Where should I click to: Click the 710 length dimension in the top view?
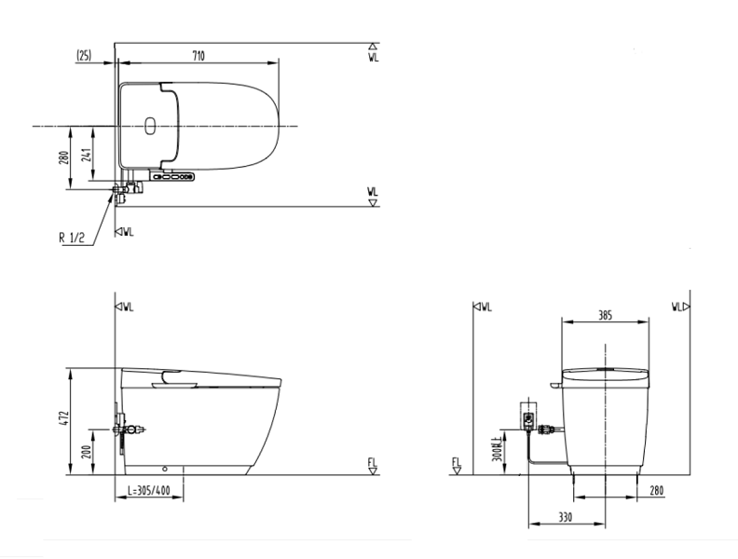198,56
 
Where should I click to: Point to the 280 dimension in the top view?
64,157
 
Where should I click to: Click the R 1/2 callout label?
72,236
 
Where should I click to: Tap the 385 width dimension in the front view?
604,316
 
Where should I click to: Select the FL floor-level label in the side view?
372,463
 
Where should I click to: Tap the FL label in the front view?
456,463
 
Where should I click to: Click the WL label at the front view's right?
678,306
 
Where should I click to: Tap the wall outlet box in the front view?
528,419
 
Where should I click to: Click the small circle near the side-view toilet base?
165,468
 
